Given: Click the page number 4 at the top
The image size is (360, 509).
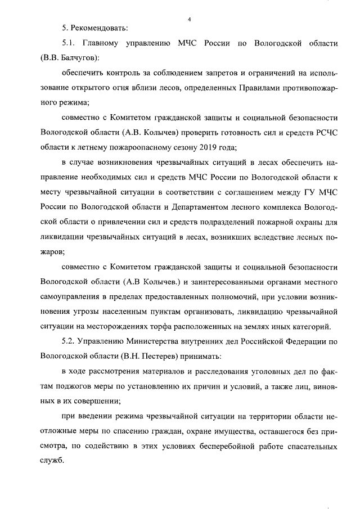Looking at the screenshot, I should pos(190,19).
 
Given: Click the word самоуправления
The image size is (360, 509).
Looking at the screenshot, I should pos(74,296).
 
